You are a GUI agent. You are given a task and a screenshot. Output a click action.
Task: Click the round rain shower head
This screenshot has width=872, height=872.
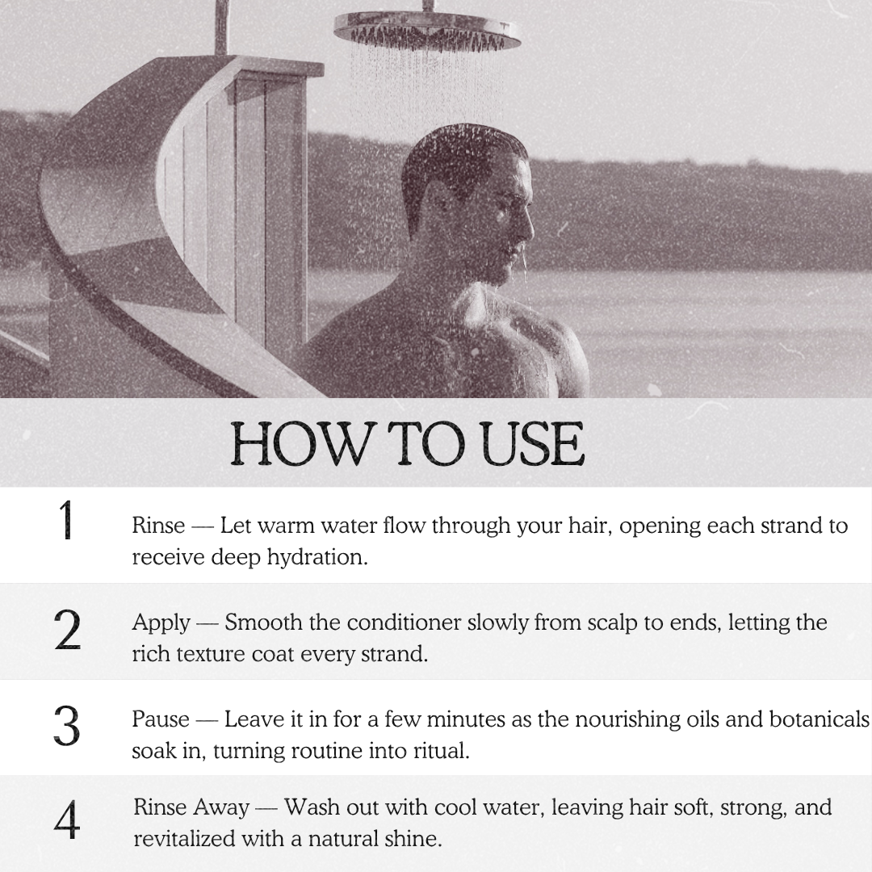pos(427,31)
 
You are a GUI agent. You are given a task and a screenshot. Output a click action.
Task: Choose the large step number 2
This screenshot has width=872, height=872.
pos(67,630)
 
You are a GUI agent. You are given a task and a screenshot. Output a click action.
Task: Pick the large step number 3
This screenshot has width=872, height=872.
pos(67,727)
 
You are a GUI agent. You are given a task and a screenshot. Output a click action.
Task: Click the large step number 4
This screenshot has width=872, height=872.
pos(67,820)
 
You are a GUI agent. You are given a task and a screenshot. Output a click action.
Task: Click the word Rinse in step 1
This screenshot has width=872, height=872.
pos(158,526)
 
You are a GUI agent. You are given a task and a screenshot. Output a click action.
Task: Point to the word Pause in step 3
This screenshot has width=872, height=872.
pos(161,719)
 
